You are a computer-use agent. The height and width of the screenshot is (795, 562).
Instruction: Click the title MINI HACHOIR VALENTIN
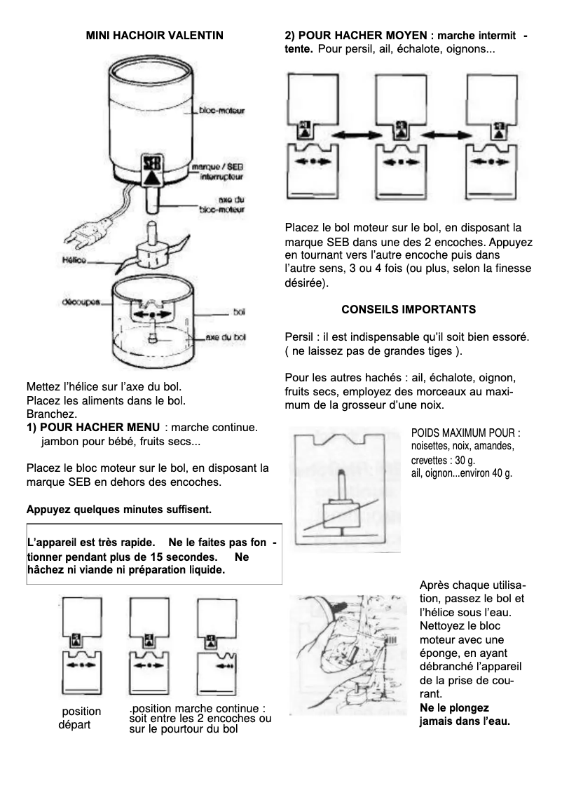[154, 35]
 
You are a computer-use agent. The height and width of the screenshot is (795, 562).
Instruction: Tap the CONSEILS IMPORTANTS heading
[409, 309]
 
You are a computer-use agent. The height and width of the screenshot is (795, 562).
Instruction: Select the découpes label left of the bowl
[79, 303]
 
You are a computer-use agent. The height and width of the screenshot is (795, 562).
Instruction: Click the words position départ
[80, 718]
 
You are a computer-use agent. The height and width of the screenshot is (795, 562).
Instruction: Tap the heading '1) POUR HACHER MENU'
[92, 427]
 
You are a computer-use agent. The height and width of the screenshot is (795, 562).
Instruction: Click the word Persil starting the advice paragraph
[299, 337]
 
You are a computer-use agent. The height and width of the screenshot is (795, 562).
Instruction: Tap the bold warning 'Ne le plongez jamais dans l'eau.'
[464, 714]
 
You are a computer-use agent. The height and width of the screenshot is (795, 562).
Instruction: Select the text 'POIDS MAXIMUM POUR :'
[465, 433]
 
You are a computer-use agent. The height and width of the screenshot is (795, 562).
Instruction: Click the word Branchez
[51, 414]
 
